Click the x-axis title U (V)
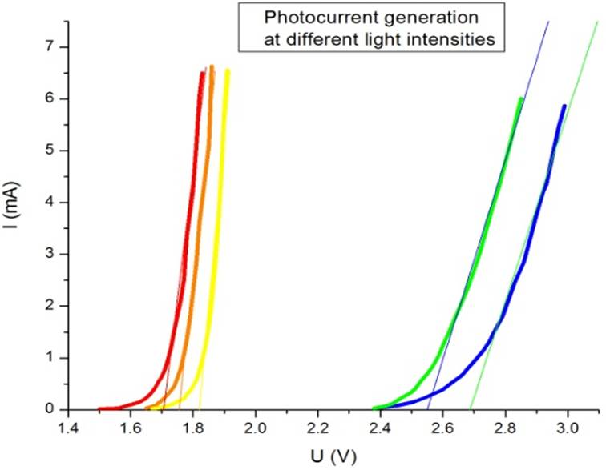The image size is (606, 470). click(334, 457)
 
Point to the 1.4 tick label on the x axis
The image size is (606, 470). click(69, 429)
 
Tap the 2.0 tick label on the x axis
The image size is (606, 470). click(256, 429)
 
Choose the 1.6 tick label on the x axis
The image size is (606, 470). click(131, 429)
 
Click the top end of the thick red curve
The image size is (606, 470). click(203, 74)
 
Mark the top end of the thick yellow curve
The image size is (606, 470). click(228, 70)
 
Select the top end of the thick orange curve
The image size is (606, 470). click(212, 67)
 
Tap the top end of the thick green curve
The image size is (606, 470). click(521, 98)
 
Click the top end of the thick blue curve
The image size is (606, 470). click(564, 106)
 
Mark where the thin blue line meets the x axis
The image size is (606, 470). click(428, 408)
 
